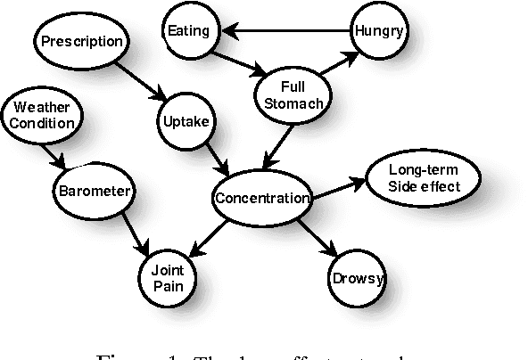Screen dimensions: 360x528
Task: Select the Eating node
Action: coord(188,31)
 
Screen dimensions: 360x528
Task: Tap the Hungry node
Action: coord(379,32)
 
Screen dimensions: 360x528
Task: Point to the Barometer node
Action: coord(95,190)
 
